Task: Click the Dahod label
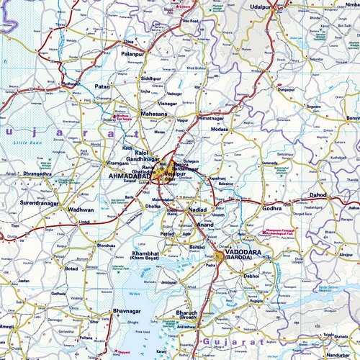point(318,195)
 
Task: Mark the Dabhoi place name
point(250,275)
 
